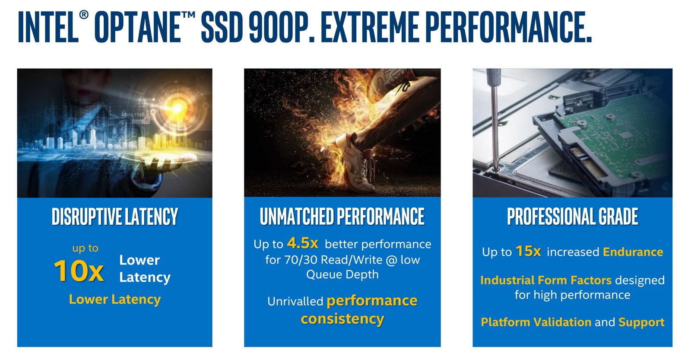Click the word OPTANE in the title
coord(138,27)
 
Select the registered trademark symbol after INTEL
coord(84,15)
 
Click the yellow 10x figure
coord(79,271)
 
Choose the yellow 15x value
coord(528,251)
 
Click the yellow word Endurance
coord(633,252)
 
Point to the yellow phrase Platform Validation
coord(536,322)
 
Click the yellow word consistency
coord(342,319)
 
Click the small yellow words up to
coord(85,248)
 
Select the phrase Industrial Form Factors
coord(546,280)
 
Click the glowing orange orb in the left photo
coord(178,108)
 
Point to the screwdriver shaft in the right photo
coord(494,124)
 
